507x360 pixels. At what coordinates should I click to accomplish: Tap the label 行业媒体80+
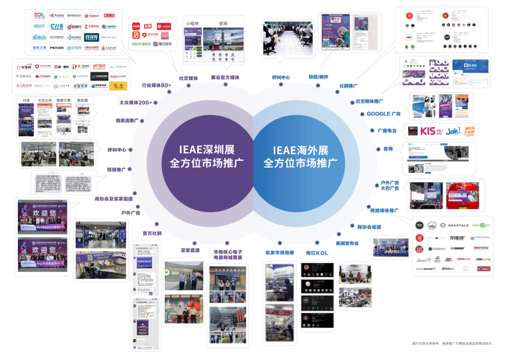click(x=157, y=85)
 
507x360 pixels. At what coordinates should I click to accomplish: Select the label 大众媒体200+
click(x=136, y=102)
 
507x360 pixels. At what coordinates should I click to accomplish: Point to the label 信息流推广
click(x=127, y=121)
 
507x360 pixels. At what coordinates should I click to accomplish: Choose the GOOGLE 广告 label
click(x=384, y=114)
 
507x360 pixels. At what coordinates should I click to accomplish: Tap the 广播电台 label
click(x=387, y=131)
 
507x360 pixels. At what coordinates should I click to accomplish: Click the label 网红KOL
click(x=317, y=253)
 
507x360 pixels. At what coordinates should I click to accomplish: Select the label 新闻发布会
click(x=347, y=244)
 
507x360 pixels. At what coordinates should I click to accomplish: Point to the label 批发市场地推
click(x=279, y=253)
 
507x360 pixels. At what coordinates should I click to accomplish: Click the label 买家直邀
click(x=190, y=251)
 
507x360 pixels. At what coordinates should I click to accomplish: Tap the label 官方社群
click(x=152, y=233)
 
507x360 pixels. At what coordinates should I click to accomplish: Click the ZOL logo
click(x=39, y=15)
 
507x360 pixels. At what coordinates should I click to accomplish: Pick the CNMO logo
click(x=108, y=15)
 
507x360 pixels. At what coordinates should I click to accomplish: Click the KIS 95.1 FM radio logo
click(x=430, y=131)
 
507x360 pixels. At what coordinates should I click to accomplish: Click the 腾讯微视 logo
click(x=161, y=44)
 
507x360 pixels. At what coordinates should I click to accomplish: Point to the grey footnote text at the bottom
click(x=452, y=344)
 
